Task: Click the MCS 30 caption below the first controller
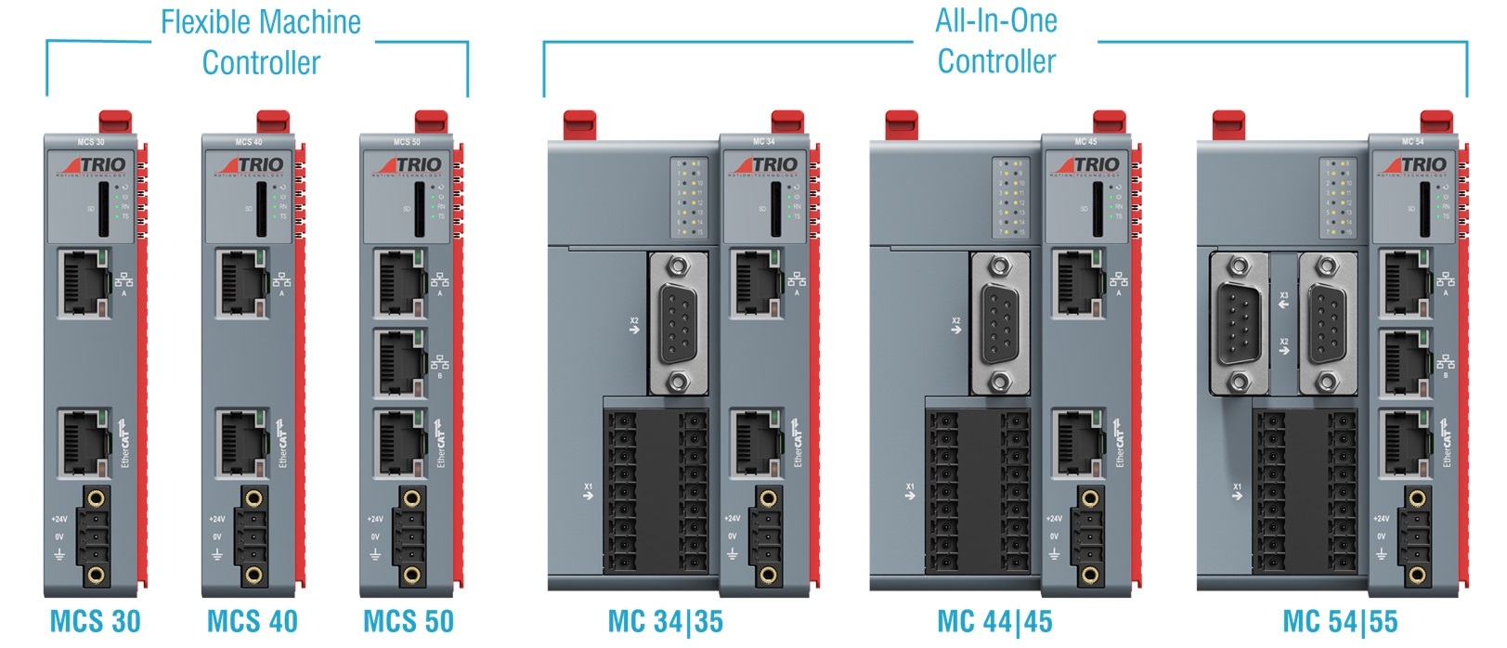(95, 621)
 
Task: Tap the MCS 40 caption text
(253, 621)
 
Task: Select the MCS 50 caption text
(409, 621)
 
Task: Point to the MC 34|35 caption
(665, 621)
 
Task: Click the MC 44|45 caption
(994, 621)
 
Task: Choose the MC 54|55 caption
(1340, 621)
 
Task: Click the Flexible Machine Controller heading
(261, 43)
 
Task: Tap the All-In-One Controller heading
(996, 42)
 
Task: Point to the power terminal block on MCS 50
(410, 536)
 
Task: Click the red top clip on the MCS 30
(115, 122)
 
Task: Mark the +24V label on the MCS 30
(59, 519)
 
